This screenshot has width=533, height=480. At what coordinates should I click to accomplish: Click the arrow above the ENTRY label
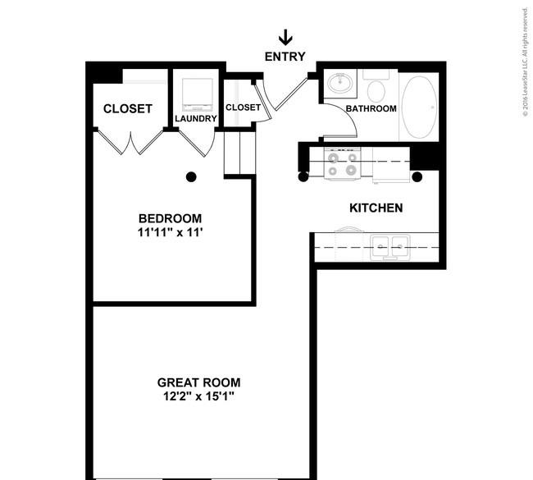285,38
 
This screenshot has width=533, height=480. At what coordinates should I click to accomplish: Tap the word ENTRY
285,57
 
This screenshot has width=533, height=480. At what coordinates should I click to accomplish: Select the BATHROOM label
371,108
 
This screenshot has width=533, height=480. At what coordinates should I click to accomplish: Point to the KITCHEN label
376,208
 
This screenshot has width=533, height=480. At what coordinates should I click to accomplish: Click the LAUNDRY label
196,119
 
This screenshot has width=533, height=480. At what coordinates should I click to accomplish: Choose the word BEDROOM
170,218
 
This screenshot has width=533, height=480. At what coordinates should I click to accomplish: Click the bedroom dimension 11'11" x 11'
170,232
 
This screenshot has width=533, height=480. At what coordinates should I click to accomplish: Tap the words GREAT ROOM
199,382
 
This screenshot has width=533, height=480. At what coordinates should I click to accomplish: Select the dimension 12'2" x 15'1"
199,397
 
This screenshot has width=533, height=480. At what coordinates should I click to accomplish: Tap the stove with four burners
342,163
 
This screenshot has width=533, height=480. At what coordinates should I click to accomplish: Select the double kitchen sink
389,244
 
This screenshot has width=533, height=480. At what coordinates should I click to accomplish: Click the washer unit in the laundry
196,94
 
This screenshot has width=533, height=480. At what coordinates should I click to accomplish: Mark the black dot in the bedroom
191,176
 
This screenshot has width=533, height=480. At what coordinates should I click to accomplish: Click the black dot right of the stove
417,176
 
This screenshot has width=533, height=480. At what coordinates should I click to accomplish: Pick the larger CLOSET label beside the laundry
127,108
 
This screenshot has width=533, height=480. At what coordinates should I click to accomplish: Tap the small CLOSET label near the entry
243,107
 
